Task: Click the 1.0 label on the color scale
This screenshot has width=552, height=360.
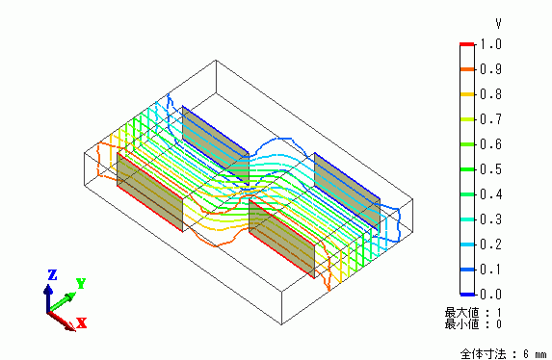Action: [490, 44]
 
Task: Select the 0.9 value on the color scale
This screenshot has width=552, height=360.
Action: [490, 69]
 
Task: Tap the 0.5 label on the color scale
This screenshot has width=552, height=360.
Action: [490, 169]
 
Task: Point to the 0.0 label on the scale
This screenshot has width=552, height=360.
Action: [490, 294]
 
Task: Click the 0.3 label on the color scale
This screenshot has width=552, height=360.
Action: [490, 219]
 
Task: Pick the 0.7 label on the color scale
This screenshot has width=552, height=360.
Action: [490, 119]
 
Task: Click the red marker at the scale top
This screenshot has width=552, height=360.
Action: [467, 44]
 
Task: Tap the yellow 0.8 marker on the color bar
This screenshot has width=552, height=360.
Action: [467, 94]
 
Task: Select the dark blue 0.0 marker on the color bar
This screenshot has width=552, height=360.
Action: [467, 295]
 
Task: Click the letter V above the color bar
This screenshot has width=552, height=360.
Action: [498, 24]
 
